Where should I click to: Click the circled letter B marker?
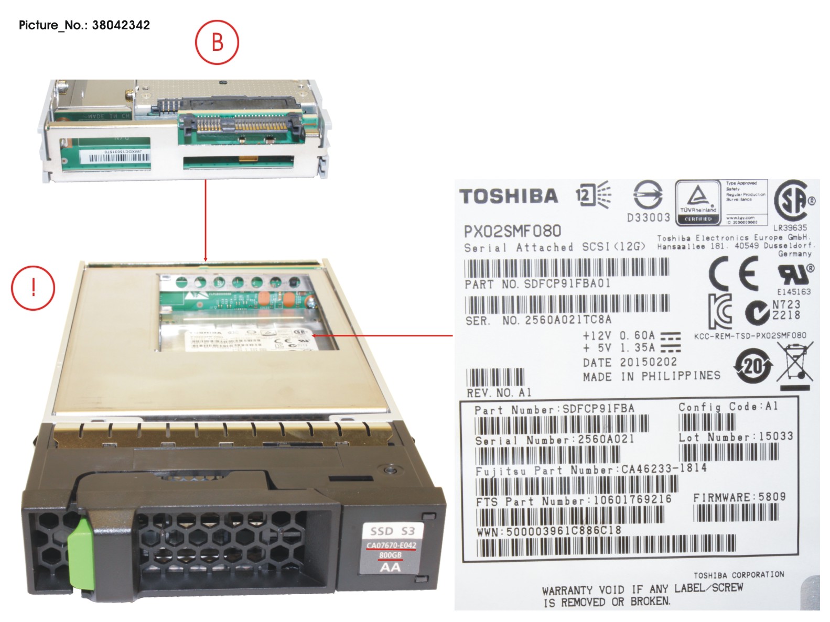click(217, 42)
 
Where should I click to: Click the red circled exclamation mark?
click(33, 288)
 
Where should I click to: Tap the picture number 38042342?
click(121, 25)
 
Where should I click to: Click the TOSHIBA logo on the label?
click(509, 196)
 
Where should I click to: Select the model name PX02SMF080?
click(512, 231)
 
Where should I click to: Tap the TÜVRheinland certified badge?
click(697, 202)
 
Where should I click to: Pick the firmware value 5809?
click(772, 497)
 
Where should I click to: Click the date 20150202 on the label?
click(649, 362)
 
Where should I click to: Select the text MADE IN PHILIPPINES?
click(651, 376)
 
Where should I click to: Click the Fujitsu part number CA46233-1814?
click(664, 468)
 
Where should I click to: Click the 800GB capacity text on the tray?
click(390, 555)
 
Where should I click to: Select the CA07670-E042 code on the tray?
click(391, 545)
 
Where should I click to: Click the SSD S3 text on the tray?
click(392, 531)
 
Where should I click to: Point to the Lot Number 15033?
click(775, 436)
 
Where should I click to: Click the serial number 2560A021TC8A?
click(568, 320)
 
